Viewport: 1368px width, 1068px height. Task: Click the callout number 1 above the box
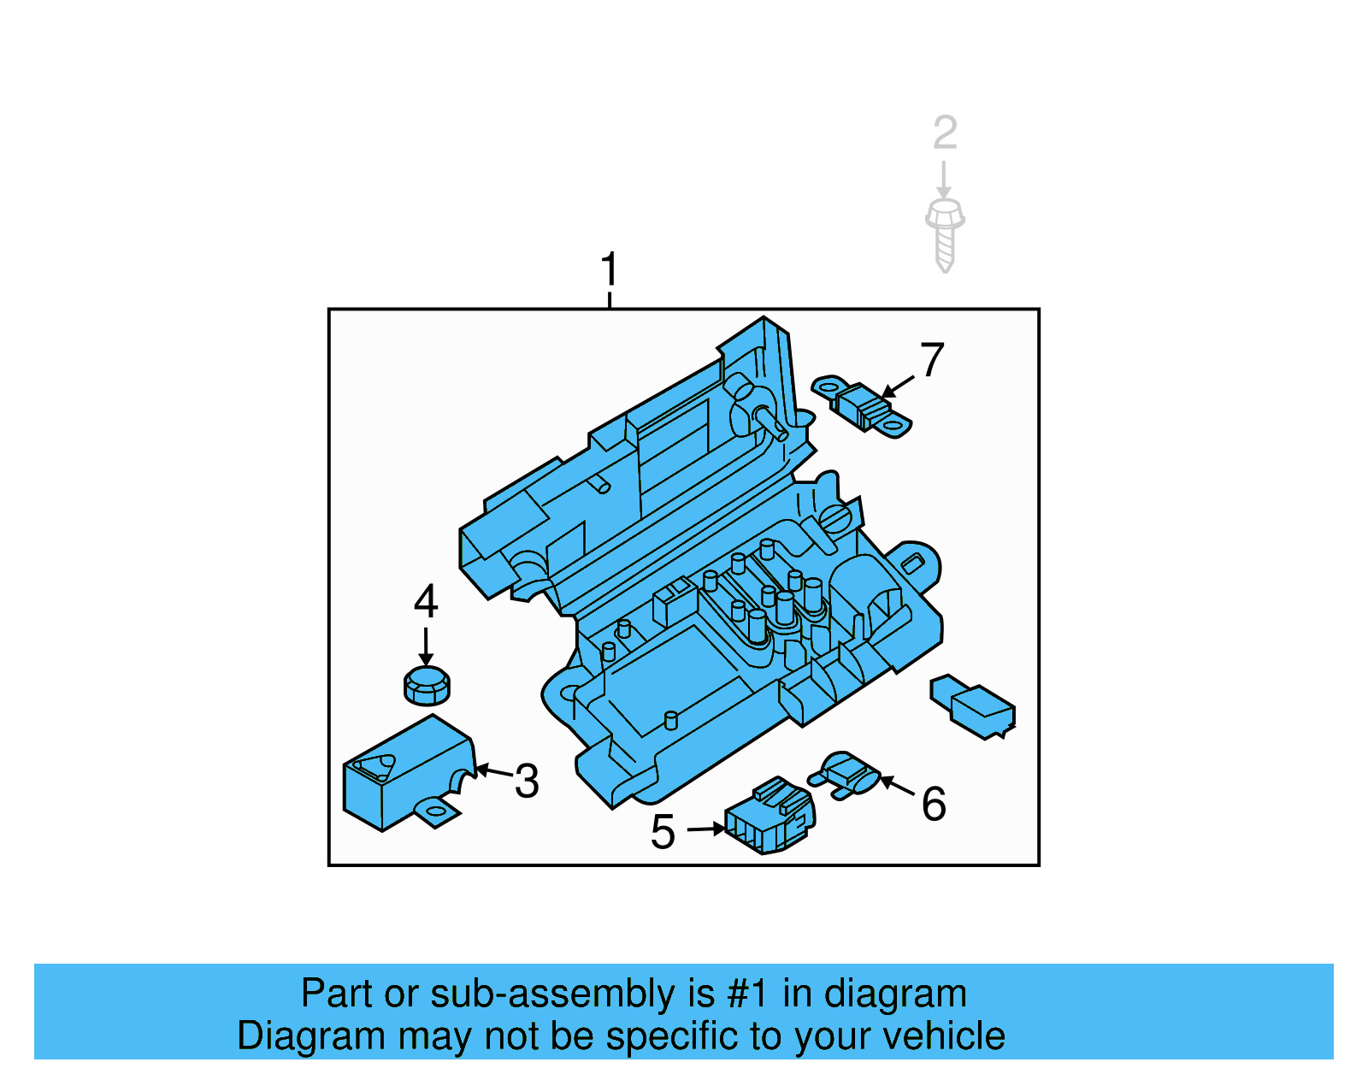609,269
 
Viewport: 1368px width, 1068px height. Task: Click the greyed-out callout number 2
945,133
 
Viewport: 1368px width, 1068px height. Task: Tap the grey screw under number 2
945,235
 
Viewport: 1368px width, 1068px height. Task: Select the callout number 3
527,782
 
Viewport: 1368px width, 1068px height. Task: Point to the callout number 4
426,602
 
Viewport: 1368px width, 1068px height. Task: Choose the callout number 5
663,832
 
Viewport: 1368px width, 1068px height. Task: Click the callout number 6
934,804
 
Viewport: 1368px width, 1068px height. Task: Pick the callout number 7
932,360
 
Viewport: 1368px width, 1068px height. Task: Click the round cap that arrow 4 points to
426,686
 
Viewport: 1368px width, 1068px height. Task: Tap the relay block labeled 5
769,817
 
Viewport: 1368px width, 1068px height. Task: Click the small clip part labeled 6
846,774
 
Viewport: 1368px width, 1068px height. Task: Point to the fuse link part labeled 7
861,407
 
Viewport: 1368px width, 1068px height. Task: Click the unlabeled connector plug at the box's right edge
975,705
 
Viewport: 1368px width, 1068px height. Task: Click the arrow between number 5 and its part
706,829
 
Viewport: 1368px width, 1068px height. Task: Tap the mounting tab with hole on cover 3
436,811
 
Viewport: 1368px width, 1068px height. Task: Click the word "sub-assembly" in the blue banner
551,994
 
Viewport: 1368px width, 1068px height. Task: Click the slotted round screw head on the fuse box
835,519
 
